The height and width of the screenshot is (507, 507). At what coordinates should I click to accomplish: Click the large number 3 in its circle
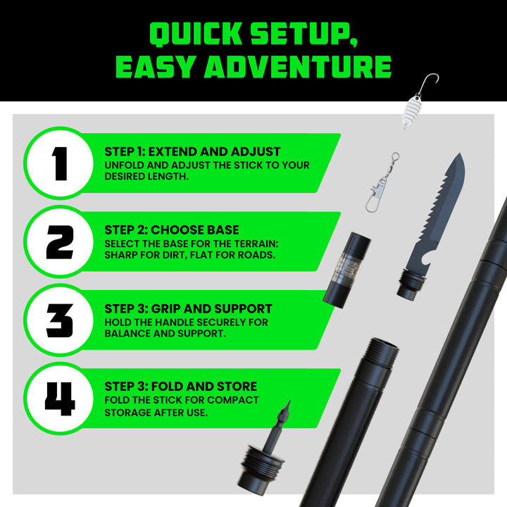pos(60,320)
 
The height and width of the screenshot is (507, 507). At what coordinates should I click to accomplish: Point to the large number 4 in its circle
pos(60,399)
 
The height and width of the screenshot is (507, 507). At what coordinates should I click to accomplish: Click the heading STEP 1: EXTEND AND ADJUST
pos(192,151)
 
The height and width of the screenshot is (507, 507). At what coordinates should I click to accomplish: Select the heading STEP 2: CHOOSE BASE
pos(171,230)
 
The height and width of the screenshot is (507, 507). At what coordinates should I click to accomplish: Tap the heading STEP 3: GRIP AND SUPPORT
pos(188,308)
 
